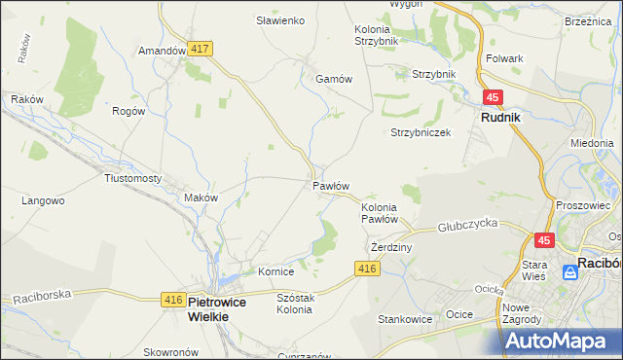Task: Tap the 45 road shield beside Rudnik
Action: [494, 97]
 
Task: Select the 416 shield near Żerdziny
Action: [366, 269]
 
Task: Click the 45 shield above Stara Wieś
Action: [544, 239]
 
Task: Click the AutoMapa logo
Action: [562, 341]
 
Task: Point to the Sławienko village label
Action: [280, 20]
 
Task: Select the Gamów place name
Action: [332, 80]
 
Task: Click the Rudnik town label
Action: [500, 117]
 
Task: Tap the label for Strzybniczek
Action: [421, 132]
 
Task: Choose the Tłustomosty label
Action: [132, 178]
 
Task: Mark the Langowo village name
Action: [43, 200]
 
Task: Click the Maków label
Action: [201, 197]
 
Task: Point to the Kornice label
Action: [275, 270]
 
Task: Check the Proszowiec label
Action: [582, 205]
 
